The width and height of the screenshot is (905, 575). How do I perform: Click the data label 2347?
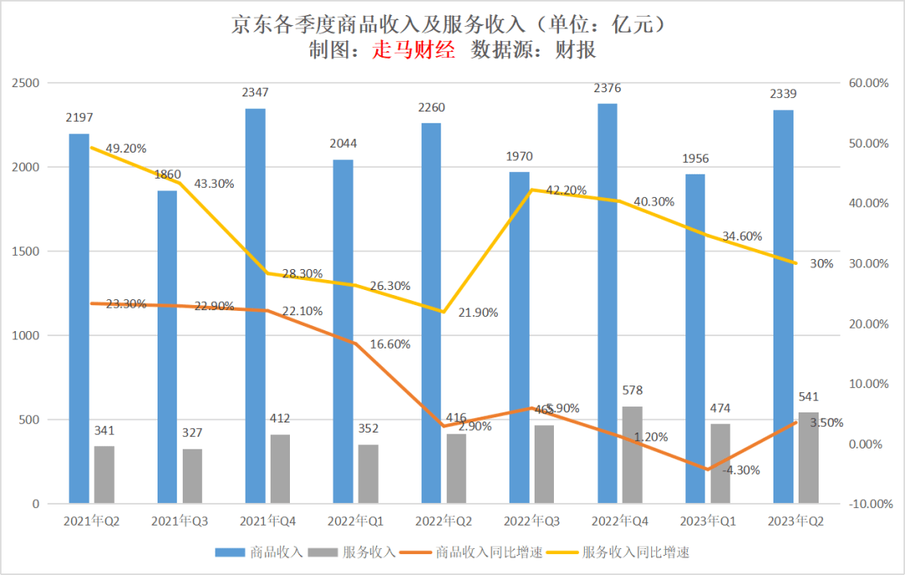coord(256,92)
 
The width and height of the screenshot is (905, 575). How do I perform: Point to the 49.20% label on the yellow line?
coord(126,148)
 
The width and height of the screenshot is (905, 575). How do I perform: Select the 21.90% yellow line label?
coord(478,313)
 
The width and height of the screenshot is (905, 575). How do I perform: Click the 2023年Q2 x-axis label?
coord(795,521)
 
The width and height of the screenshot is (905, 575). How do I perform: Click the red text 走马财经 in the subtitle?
coord(413,50)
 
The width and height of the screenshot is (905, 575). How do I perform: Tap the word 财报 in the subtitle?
coord(577,50)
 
